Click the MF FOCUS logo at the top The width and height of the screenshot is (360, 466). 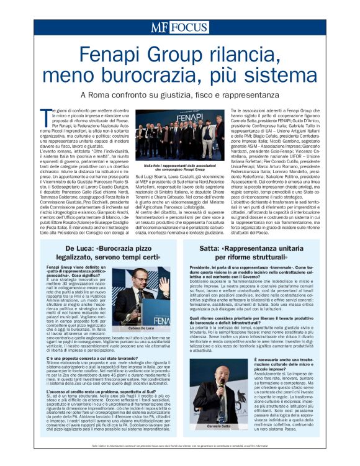179,28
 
